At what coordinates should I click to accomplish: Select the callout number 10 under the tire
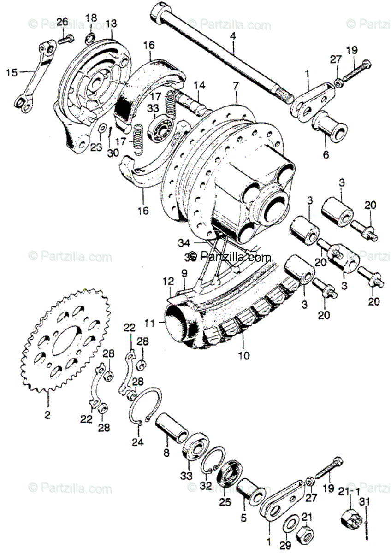[244, 355]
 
